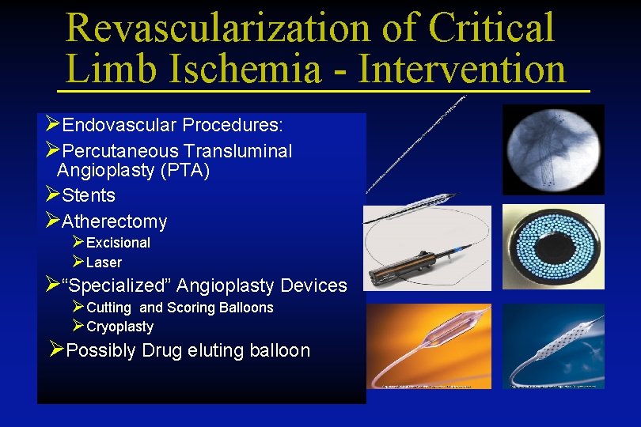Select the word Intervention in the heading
462,69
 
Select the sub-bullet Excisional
118,243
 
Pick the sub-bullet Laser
104,263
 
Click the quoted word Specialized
118,285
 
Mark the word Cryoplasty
119,327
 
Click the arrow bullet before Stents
53,195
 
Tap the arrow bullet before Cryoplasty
78,326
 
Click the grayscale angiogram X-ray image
553,149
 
